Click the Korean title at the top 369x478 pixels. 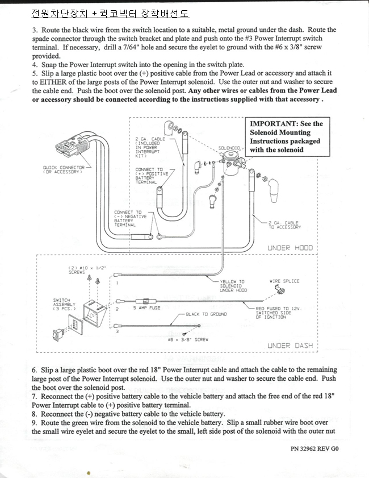110,14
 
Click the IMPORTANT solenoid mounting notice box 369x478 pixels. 287,136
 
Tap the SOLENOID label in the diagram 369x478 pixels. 229,148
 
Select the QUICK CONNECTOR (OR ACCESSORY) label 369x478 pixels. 64,169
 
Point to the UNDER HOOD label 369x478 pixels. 290,248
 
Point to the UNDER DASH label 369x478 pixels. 290,346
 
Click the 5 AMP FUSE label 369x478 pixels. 146,308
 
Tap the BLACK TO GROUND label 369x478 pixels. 207,314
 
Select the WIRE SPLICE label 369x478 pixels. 284,281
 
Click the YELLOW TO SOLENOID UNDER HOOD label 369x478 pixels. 233,286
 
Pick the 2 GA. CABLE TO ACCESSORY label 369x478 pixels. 284,225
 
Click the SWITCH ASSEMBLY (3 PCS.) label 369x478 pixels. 64,304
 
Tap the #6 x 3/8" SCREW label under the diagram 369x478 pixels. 188,339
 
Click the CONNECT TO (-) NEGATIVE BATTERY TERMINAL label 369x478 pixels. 131,219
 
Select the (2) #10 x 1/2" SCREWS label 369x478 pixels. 87,270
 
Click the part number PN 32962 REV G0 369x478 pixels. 315,449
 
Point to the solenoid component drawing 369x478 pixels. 233,163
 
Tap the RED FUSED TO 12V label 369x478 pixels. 279,313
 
